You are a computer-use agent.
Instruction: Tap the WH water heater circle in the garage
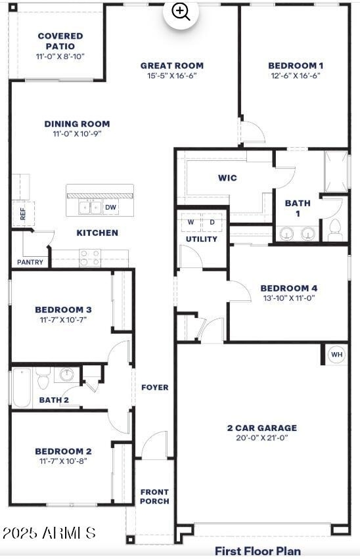pyautogui.click(x=336, y=355)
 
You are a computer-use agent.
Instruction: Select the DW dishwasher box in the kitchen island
pyautogui.click(x=111, y=207)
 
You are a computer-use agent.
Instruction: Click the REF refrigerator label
pyautogui.click(x=23, y=214)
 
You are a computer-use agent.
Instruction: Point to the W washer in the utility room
pyautogui.click(x=191, y=223)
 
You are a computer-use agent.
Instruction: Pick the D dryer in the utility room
pyautogui.click(x=212, y=223)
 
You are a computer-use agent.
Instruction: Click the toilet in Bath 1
pyautogui.click(x=335, y=230)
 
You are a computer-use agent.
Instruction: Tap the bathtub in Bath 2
pyautogui.click(x=22, y=388)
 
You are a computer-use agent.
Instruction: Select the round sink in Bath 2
pyautogui.click(x=66, y=374)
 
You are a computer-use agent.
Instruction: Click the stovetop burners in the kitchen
pyautogui.click(x=90, y=258)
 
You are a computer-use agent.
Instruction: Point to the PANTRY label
pyautogui.click(x=30, y=262)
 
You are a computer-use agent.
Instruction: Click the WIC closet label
pyautogui.click(x=227, y=178)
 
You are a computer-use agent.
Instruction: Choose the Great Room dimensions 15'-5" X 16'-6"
pyautogui.click(x=172, y=76)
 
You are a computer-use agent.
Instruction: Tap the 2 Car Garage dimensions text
pyautogui.click(x=262, y=437)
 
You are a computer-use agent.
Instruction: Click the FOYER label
pyautogui.click(x=155, y=388)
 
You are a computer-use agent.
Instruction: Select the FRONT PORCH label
pyautogui.click(x=154, y=497)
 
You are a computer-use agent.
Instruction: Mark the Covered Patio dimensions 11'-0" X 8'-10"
pyautogui.click(x=60, y=56)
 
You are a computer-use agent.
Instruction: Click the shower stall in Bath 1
pyautogui.click(x=336, y=171)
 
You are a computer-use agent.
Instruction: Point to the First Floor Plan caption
pyautogui.click(x=258, y=551)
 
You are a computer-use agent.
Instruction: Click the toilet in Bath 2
pyautogui.click(x=43, y=379)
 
